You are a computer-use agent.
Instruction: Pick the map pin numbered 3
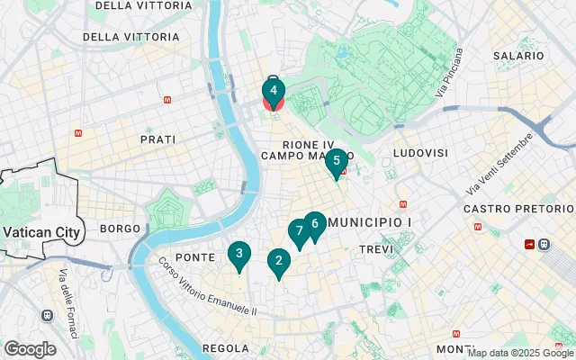(x=238, y=255)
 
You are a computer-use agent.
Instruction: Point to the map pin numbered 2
(x=279, y=262)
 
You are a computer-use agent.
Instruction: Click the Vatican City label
(x=42, y=231)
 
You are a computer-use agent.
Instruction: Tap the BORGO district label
(x=121, y=229)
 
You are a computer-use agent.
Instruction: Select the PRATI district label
(x=157, y=139)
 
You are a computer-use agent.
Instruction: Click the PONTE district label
(x=194, y=257)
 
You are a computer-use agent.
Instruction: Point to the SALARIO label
(x=519, y=56)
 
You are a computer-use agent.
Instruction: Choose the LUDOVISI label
(x=420, y=153)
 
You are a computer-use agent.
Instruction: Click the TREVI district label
(x=376, y=248)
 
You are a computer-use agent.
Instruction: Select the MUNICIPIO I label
(x=371, y=221)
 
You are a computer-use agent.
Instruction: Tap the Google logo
(x=30, y=349)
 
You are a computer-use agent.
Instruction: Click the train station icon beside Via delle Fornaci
(x=47, y=316)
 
